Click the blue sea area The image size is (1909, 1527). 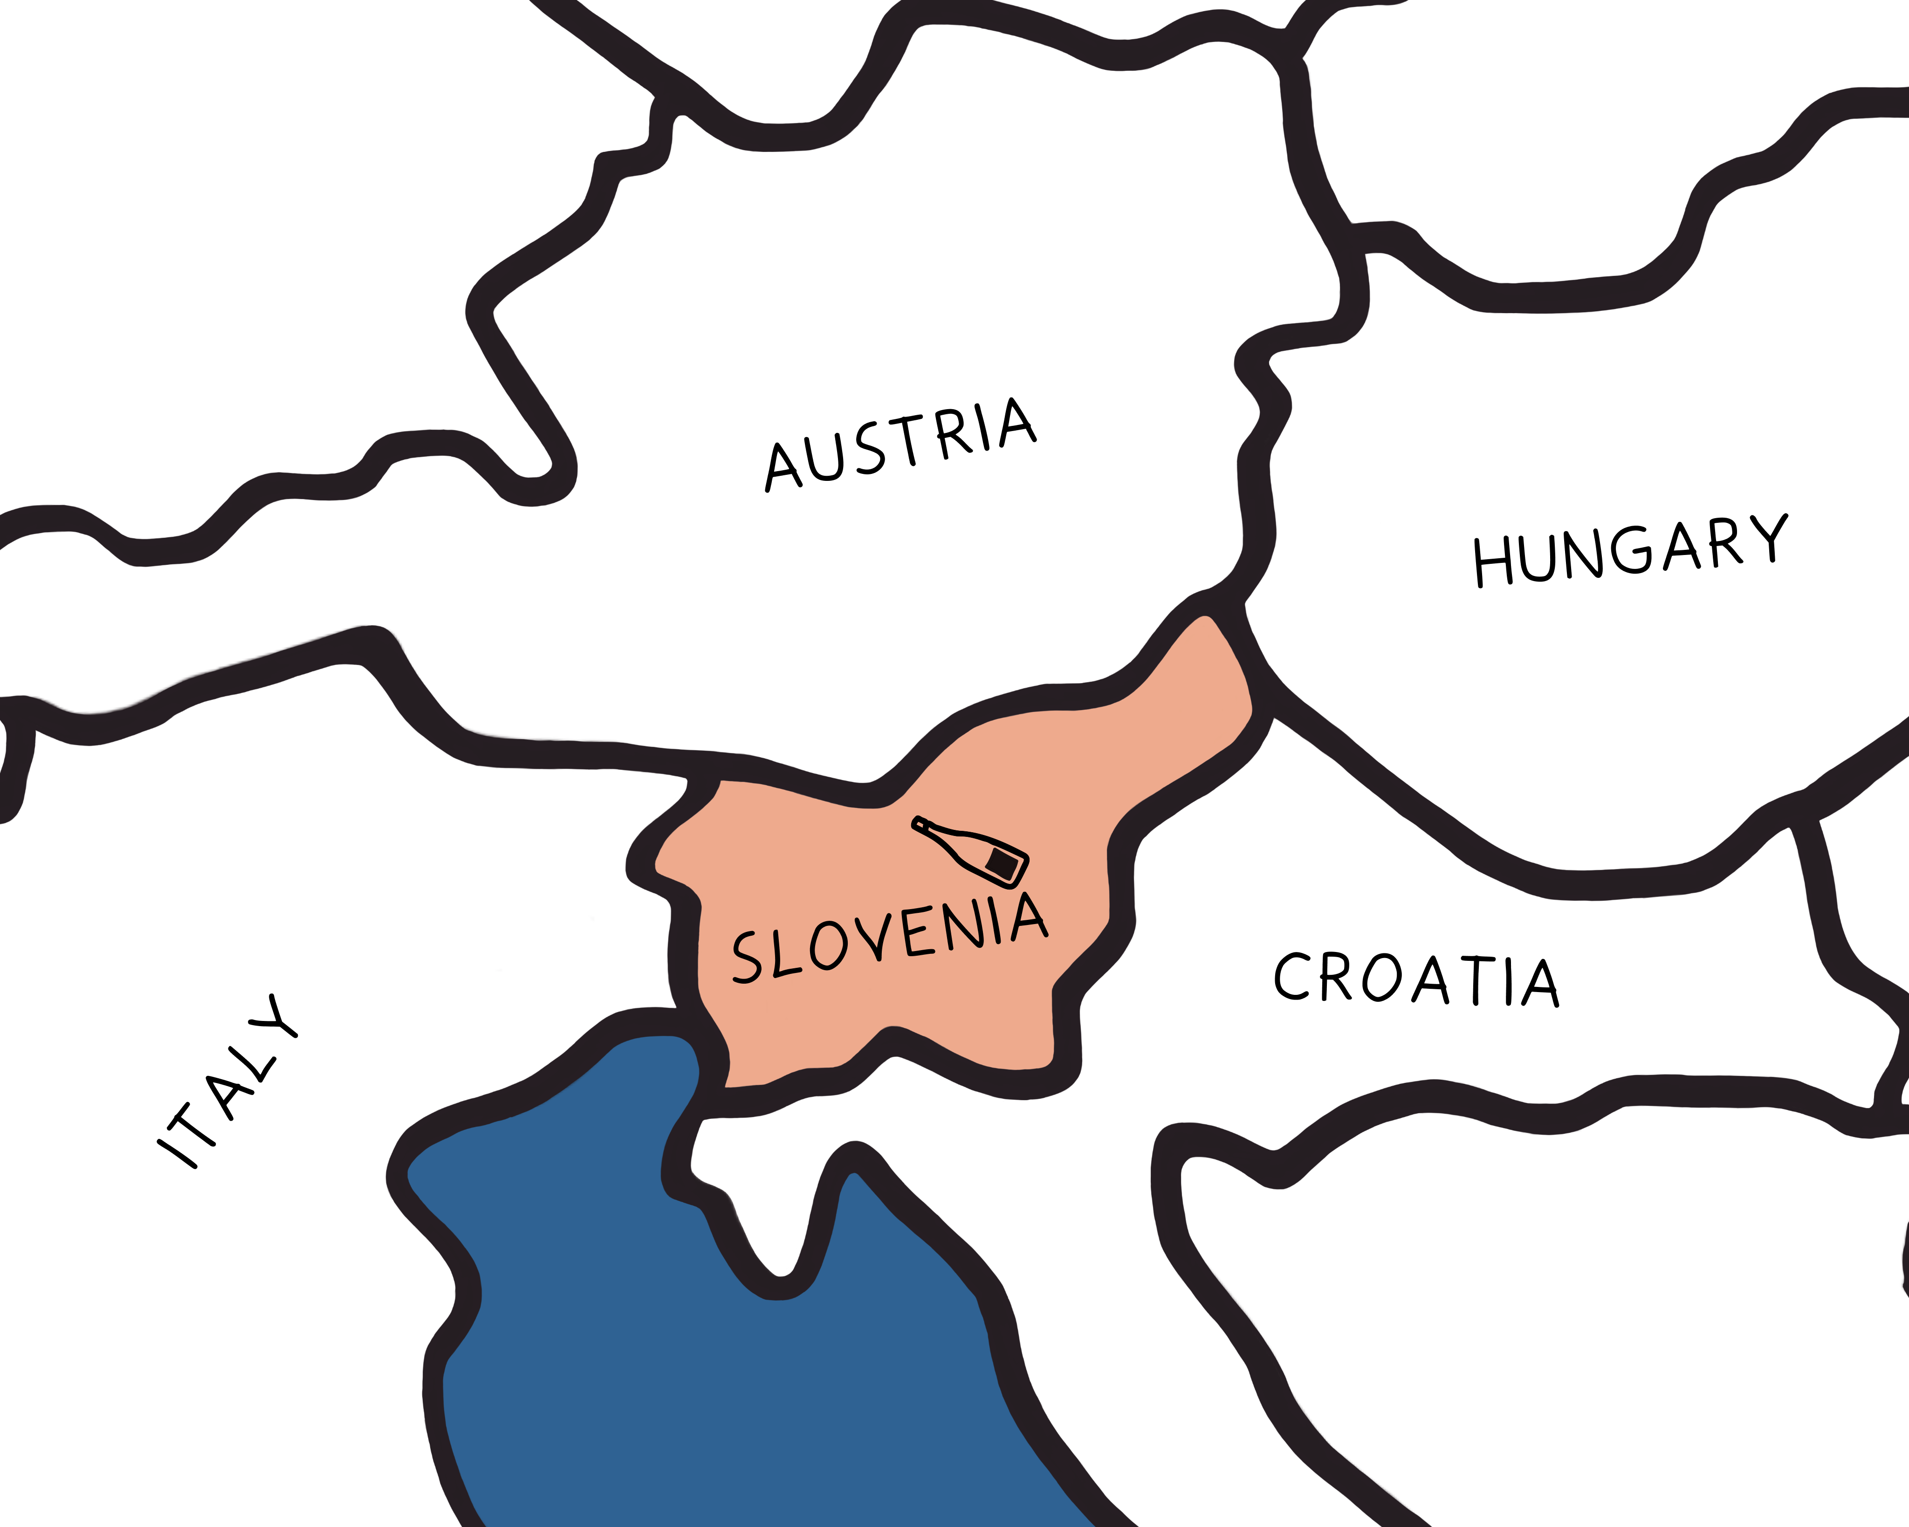[x=708, y=1372]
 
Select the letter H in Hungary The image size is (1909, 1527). [x=1492, y=561]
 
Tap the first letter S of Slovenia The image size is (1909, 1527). [x=746, y=958]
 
